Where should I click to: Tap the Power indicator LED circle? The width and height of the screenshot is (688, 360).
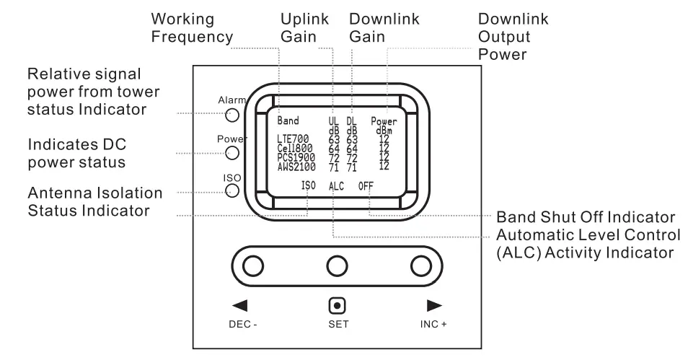coord(233,152)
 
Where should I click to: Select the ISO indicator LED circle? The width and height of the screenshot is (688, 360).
coord(233,190)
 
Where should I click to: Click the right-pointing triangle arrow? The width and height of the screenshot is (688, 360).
coord(433,305)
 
